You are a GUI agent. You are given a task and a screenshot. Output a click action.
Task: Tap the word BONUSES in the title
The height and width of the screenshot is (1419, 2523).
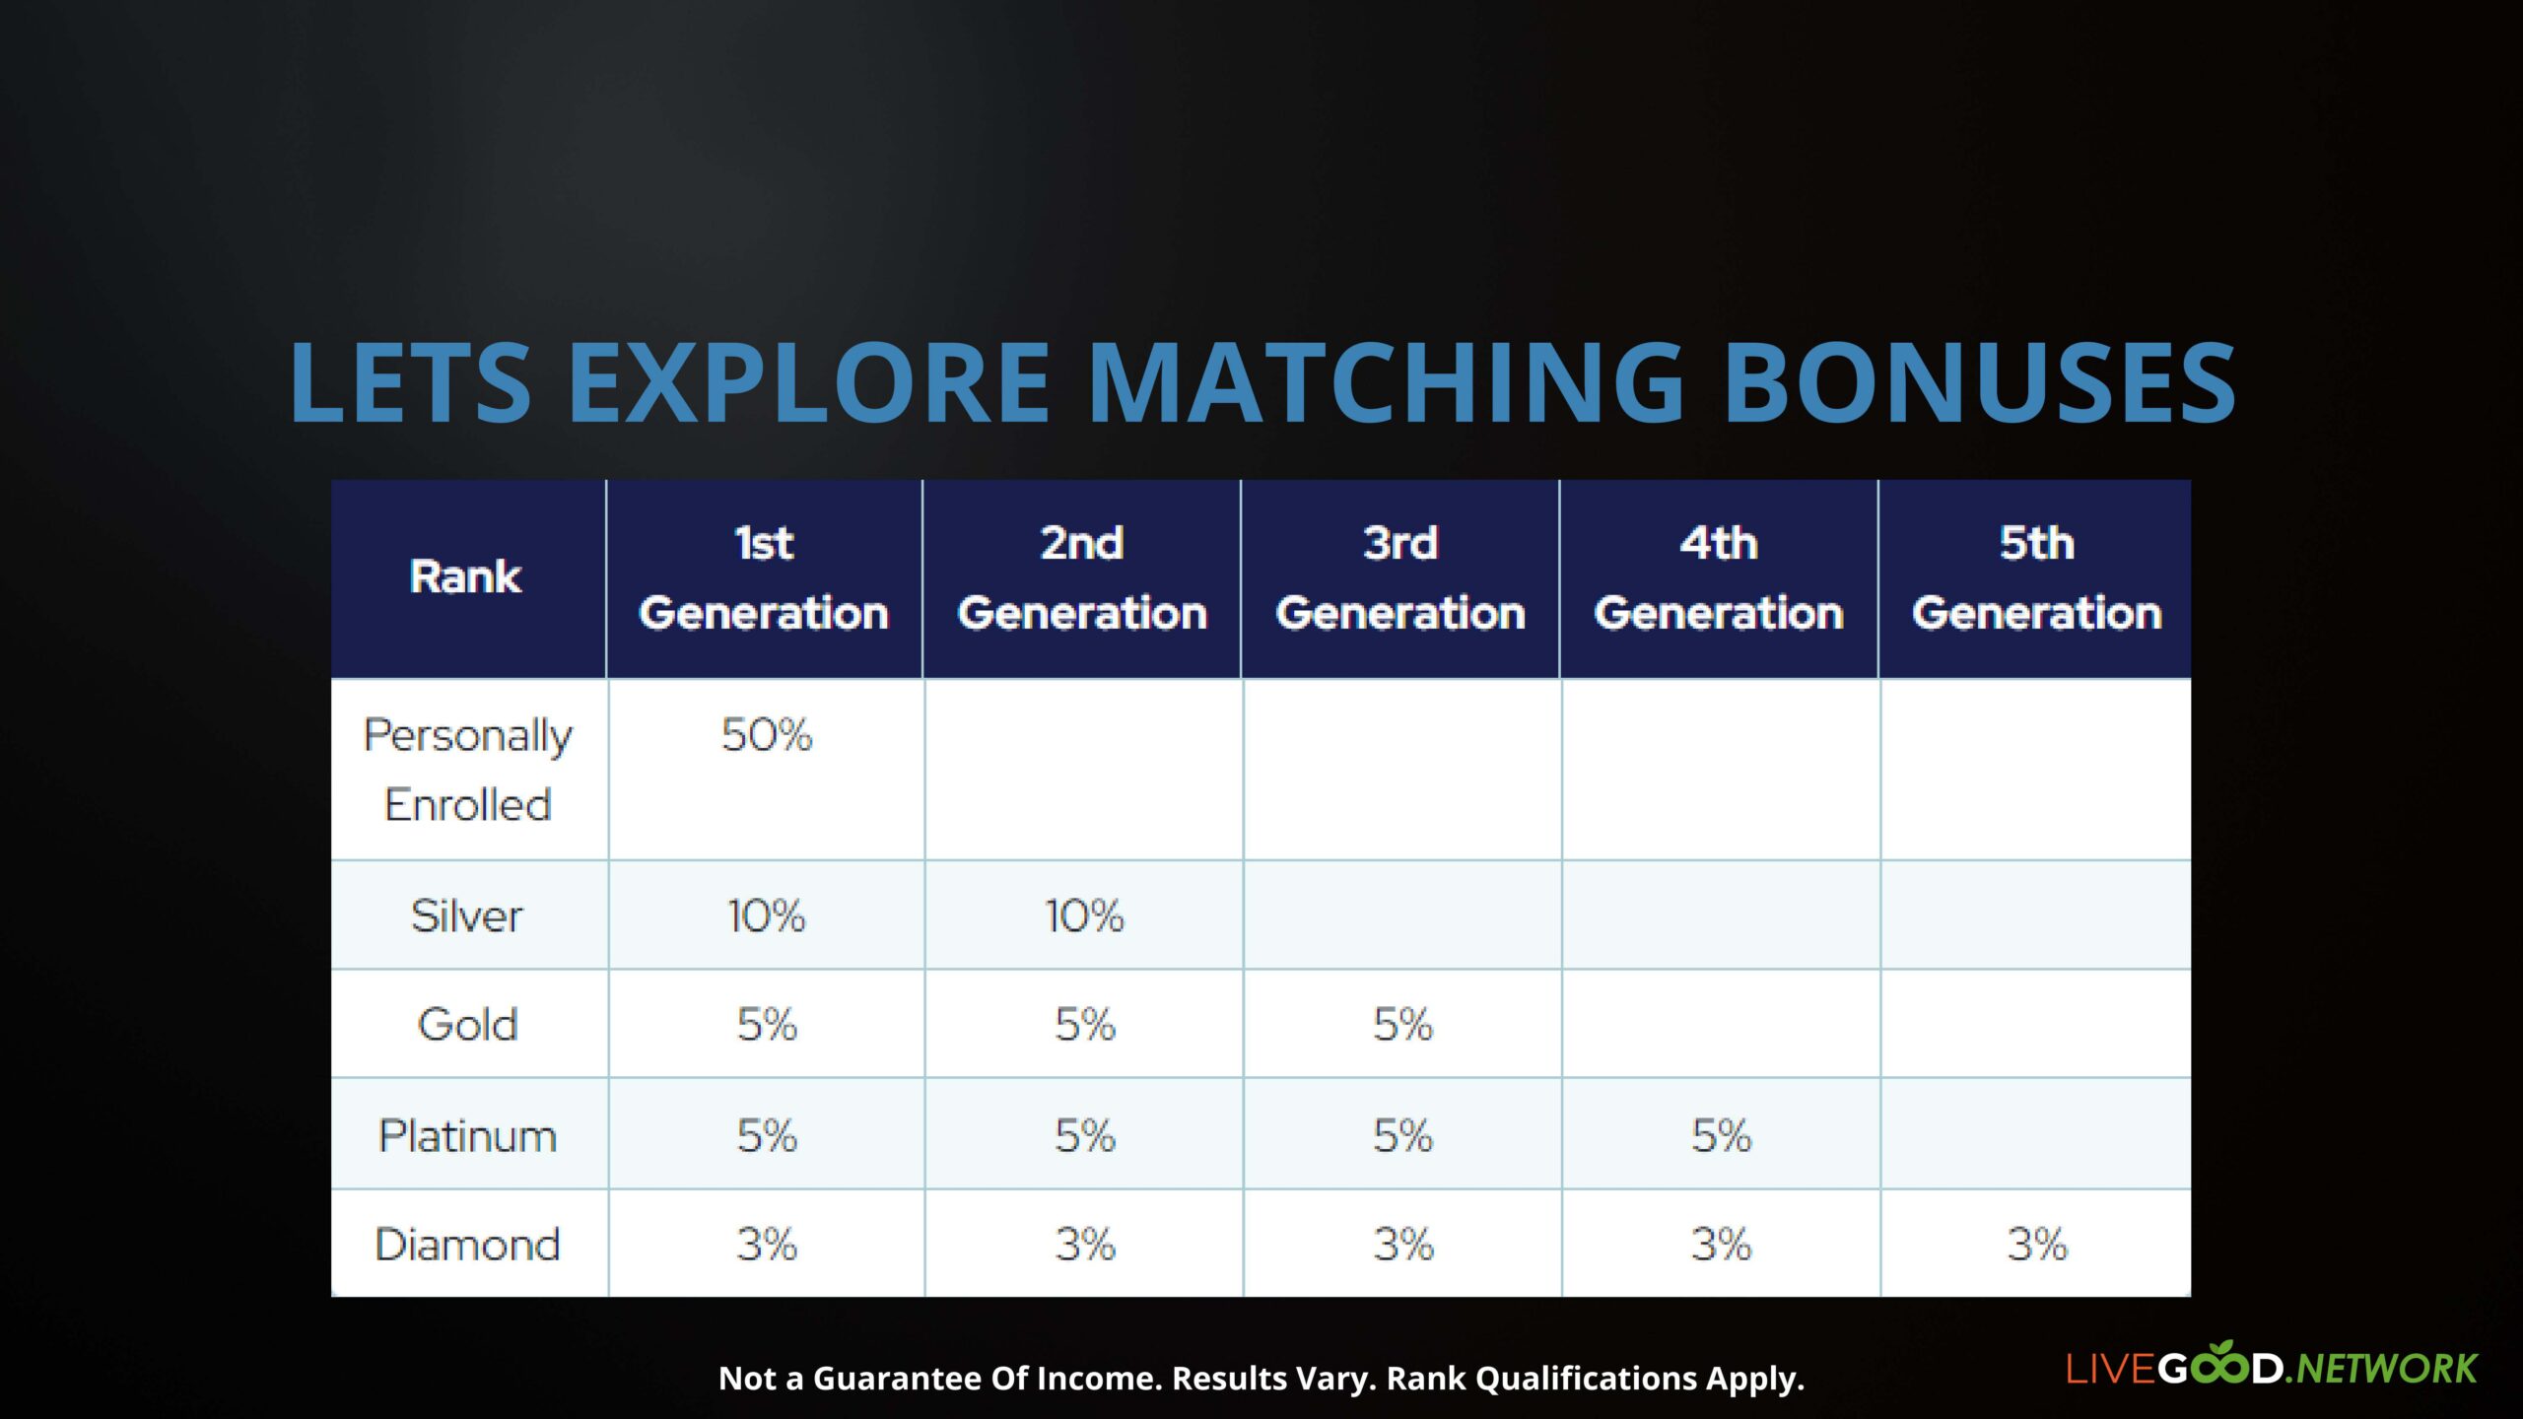(1979, 382)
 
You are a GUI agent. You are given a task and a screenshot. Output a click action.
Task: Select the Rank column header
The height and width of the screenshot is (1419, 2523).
(465, 576)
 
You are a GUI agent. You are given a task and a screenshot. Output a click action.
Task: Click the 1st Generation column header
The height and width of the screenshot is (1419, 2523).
(764, 577)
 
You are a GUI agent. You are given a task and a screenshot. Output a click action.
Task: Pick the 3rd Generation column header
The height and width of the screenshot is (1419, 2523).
(1400, 577)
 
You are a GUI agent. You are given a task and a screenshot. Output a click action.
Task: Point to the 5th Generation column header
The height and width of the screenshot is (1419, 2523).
(2037, 577)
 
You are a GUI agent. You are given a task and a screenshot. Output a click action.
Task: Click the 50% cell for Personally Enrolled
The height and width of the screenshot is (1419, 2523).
(767, 735)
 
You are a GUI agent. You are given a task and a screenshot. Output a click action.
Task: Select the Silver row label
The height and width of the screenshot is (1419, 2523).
(467, 916)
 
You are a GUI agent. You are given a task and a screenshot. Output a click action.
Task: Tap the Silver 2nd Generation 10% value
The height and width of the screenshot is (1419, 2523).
(1084, 916)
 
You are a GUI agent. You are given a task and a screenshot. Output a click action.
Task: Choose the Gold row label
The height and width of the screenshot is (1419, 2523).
(468, 1025)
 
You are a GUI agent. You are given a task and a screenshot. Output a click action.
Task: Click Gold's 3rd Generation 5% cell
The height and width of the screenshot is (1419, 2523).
(1402, 1025)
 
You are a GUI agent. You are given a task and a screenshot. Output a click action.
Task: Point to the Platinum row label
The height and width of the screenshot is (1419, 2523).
(467, 1136)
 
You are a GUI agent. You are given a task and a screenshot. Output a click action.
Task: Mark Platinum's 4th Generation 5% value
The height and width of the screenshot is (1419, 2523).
(1722, 1136)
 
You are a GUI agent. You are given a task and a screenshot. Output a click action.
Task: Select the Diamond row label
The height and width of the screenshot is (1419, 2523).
(467, 1245)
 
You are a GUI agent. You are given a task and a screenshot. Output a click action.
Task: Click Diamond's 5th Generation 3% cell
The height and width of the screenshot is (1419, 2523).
(2037, 1245)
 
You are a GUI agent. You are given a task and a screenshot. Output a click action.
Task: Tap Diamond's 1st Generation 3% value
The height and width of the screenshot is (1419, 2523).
(767, 1245)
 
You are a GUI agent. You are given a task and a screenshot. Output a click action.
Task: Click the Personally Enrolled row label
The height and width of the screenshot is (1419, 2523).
(468, 771)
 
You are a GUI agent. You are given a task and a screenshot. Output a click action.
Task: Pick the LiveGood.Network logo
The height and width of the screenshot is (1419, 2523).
(2271, 1365)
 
